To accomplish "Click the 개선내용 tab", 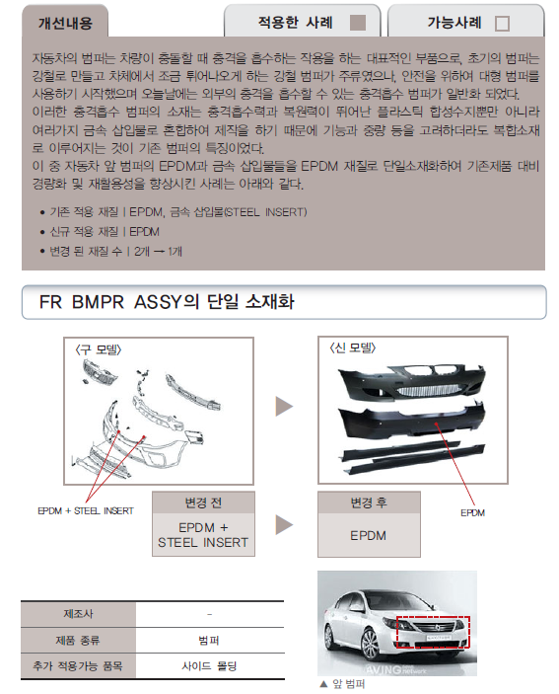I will pos(64,22).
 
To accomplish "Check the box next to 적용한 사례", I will pos(358,22).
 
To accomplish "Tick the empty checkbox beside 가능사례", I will pos(502,23).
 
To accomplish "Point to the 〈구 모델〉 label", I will pos(99,347).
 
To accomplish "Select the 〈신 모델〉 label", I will pos(352,347).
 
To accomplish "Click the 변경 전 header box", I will pos(203,501).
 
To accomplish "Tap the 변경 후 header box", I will pos(368,501).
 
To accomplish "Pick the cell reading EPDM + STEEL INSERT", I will pos(203,535).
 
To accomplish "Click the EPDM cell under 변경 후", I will pos(368,535).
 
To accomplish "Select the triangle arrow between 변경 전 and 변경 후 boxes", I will pos(284,524).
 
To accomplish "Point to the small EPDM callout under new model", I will pos(472,513).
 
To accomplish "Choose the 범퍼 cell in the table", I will pos(209,640).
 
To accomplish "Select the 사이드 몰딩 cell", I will pos(209,666).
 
